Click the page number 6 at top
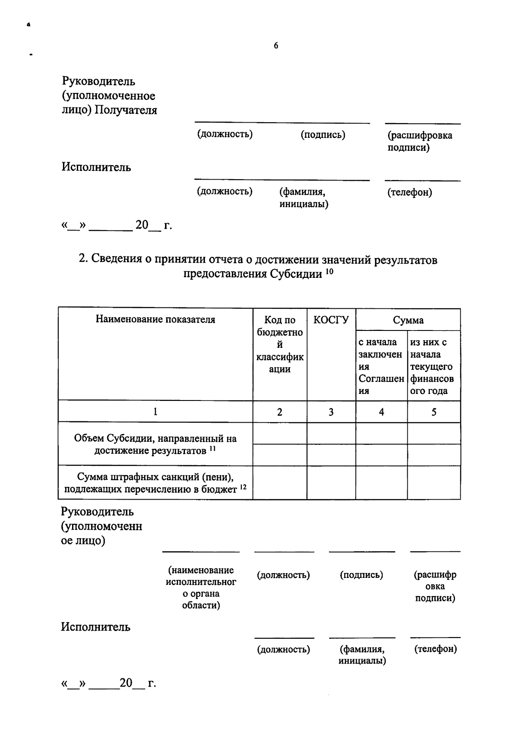tap(276, 46)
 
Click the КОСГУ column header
tap(331, 320)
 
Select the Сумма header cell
tap(408, 320)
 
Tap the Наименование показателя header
tap(155, 320)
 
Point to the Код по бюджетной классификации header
tap(280, 344)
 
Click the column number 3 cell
tap(331, 412)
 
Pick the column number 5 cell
tap(433, 412)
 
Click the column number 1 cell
tap(155, 412)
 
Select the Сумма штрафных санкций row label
tap(155, 483)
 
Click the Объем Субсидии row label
tap(155, 444)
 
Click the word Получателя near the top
tap(126, 110)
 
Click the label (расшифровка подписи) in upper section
tap(419, 141)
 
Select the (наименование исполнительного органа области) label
tap(201, 587)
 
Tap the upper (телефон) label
tap(409, 192)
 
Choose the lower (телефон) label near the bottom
tap(435, 649)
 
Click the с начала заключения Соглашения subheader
tap(381, 366)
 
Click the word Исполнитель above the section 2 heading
tap(96, 167)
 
